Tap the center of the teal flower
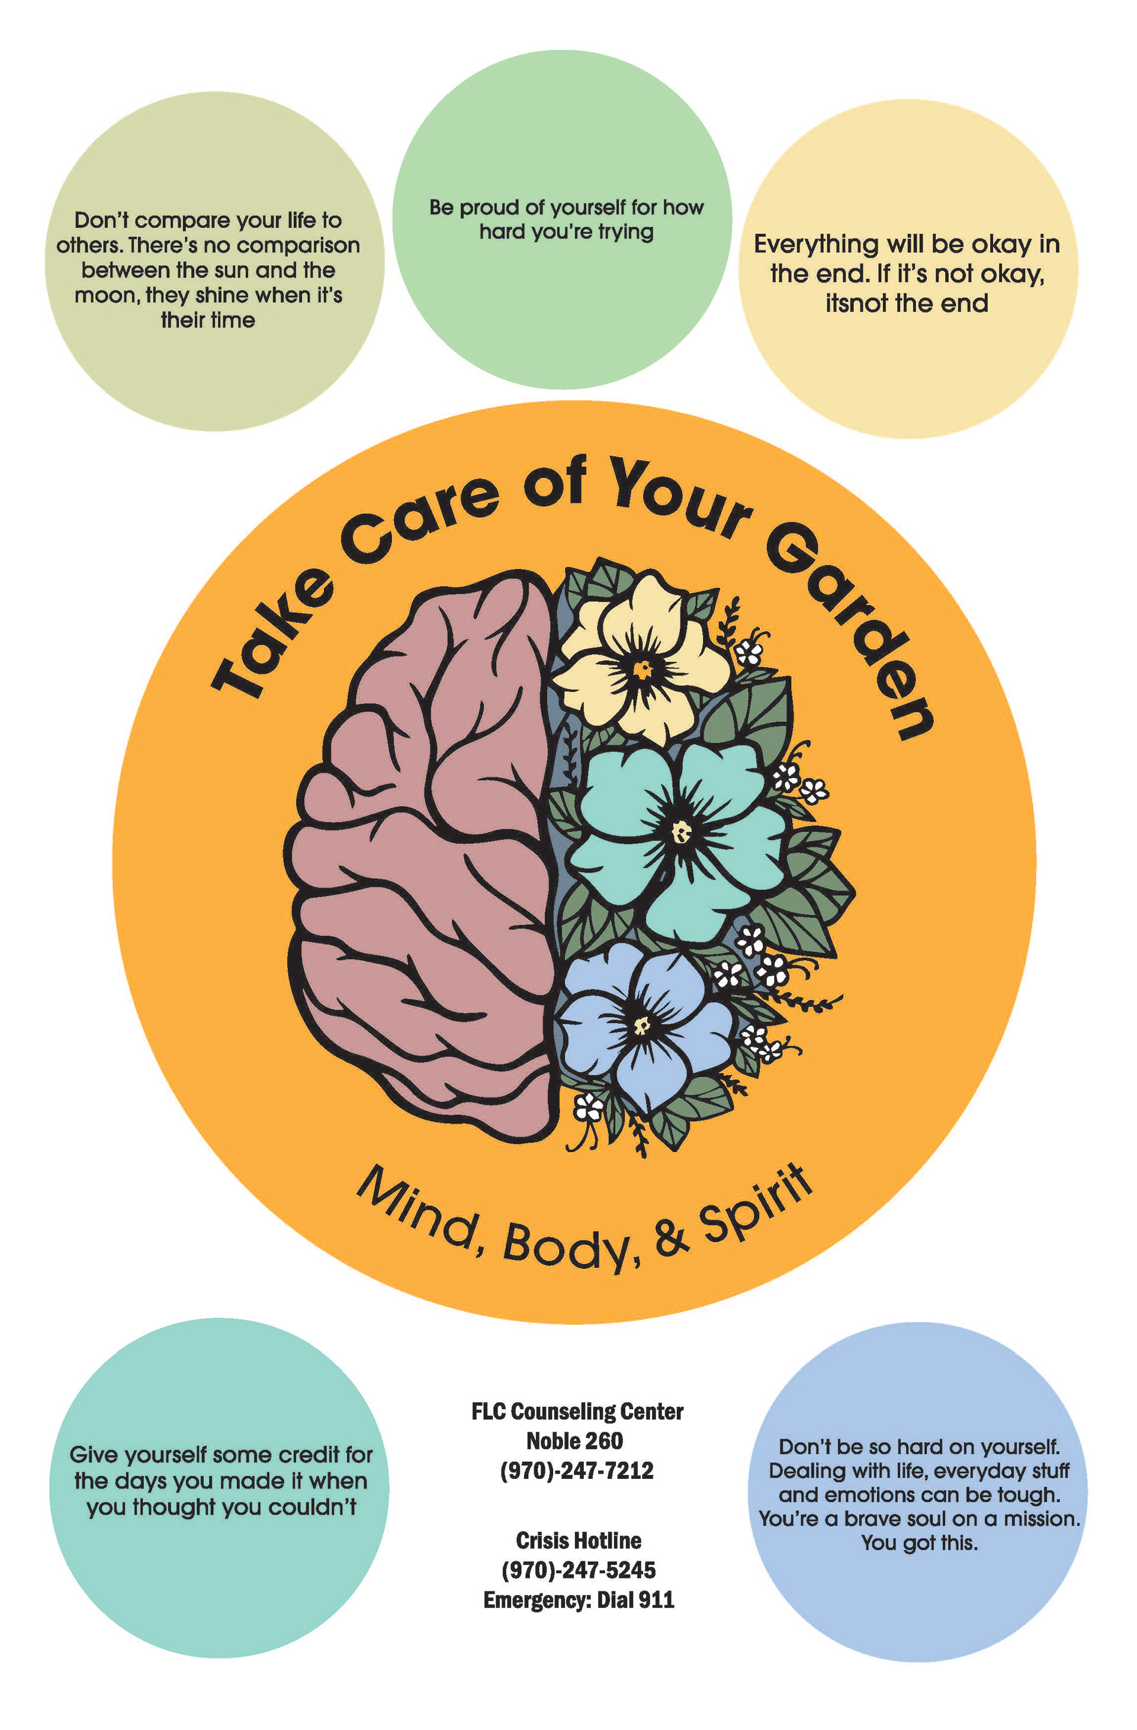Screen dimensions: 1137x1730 pyautogui.click(x=681, y=831)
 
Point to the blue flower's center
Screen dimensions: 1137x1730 pyautogui.click(x=641, y=1025)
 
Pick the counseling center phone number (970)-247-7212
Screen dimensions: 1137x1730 pyautogui.click(x=577, y=1471)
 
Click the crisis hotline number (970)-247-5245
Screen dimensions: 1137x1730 pyautogui.click(x=579, y=1570)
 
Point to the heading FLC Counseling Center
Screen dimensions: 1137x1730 pyautogui.click(x=577, y=1411)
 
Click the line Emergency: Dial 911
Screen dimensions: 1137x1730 pyautogui.click(x=579, y=1599)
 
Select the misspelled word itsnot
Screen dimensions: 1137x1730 pyautogui.click(x=856, y=303)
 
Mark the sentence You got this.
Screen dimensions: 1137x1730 pyautogui.click(x=919, y=1542)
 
